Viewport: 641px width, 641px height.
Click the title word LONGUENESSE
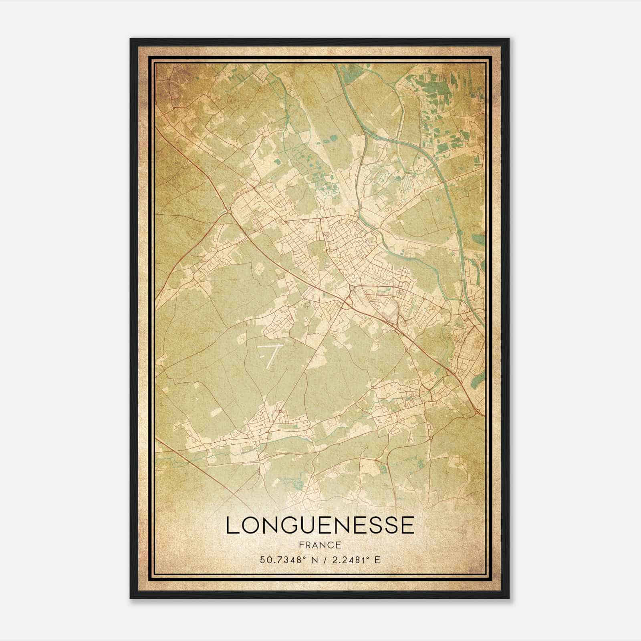(320, 525)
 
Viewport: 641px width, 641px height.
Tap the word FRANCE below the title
(320, 545)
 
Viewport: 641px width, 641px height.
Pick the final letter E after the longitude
(377, 560)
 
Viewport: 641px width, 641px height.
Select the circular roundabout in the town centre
(351, 288)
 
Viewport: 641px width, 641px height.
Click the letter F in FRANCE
(302, 545)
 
